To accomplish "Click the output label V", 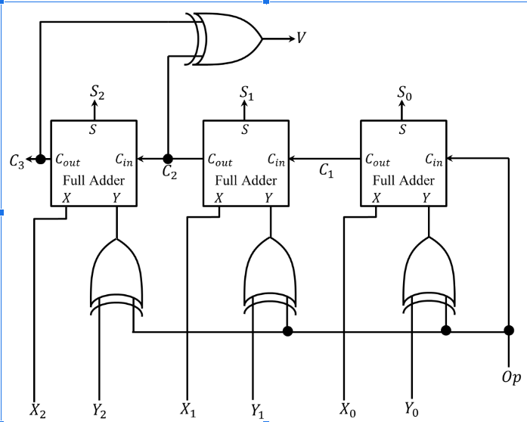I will coord(301,37).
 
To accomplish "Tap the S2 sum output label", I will coord(97,92).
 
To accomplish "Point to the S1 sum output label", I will coord(246,93).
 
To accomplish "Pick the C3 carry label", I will coord(17,160).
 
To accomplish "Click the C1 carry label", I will coord(326,172).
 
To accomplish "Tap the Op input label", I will coord(510,377).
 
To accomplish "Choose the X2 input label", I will coord(37,410).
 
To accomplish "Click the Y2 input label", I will coord(99,410).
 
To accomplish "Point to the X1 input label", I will coord(188,410).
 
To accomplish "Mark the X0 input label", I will coord(347,410).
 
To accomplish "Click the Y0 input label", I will coord(411,410).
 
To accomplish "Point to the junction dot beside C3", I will coord(40,159).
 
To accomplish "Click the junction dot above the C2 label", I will coord(168,159).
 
